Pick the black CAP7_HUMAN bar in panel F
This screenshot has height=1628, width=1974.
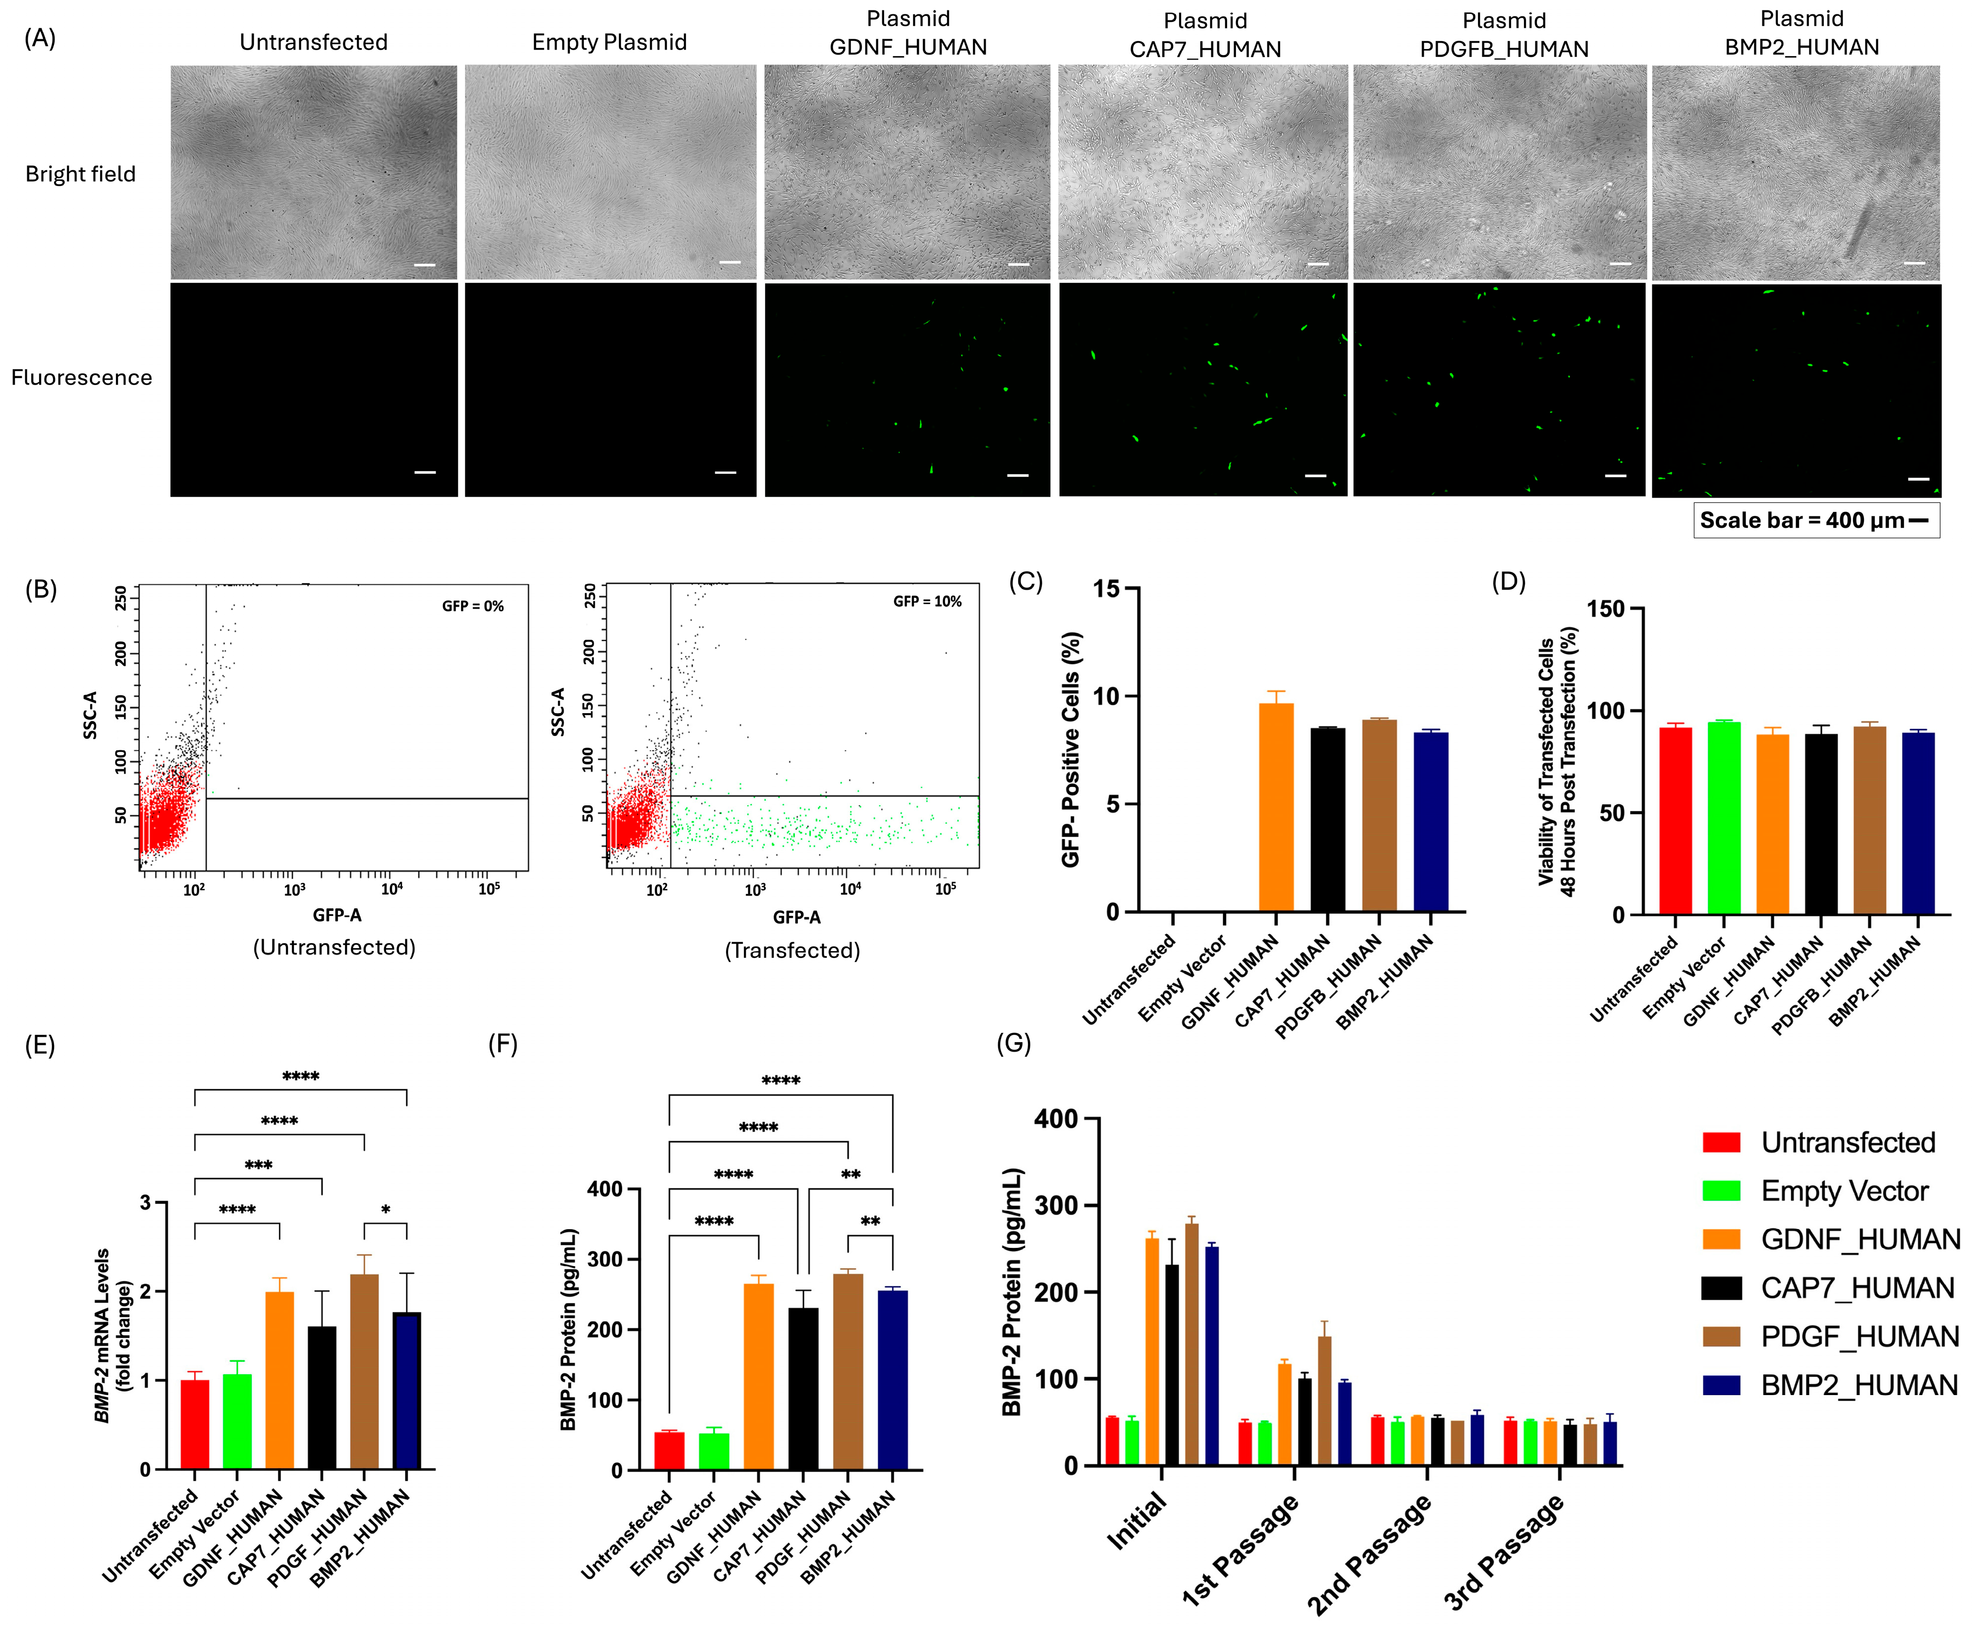pyautogui.click(x=803, y=1389)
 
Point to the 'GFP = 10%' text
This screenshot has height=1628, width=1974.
pyautogui.click(x=926, y=601)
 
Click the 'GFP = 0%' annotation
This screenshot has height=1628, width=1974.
pyautogui.click(x=473, y=606)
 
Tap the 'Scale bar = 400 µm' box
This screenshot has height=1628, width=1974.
pyautogui.click(x=1815, y=520)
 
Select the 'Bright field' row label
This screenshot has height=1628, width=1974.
pyautogui.click(x=81, y=174)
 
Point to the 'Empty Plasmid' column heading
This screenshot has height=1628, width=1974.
pyautogui.click(x=610, y=42)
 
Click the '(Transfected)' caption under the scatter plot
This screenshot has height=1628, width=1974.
pyautogui.click(x=792, y=951)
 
